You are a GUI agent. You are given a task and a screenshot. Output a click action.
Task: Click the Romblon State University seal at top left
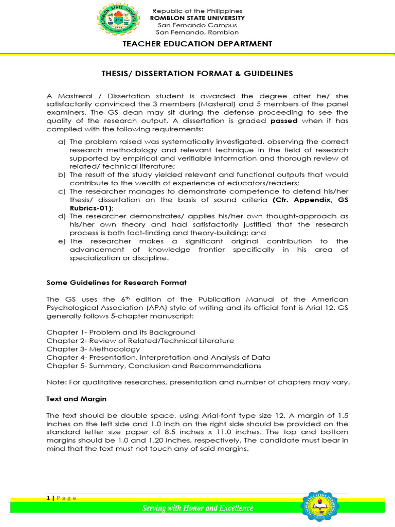pyautogui.click(x=117, y=21)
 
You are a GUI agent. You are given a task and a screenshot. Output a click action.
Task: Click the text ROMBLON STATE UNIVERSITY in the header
pyautogui.click(x=197, y=18)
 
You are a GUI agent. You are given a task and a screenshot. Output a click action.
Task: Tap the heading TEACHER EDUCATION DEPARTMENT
pyautogui.click(x=197, y=44)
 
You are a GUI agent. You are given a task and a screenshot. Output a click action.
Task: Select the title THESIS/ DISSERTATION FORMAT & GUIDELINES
pyautogui.click(x=197, y=74)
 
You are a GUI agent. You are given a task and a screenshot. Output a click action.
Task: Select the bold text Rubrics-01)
pyautogui.click(x=92, y=208)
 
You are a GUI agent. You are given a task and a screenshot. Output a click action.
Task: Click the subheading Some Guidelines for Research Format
pyautogui.click(x=116, y=283)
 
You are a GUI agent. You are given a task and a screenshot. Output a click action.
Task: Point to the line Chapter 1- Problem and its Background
pyautogui.click(x=121, y=332)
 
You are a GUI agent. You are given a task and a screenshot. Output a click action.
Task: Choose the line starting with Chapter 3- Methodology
pyautogui.click(x=93, y=349)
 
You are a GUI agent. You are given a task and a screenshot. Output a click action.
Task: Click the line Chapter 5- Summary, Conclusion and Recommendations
pyautogui.click(x=154, y=366)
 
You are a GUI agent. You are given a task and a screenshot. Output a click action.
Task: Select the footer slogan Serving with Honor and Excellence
pyautogui.click(x=197, y=508)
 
